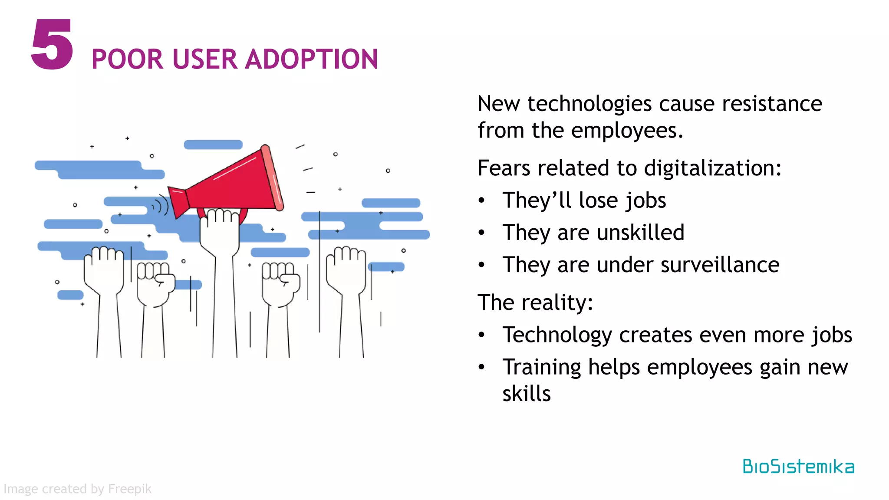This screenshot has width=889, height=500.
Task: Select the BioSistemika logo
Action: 798,467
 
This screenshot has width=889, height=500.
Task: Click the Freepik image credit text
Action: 78,489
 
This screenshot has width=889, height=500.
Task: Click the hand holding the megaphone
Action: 220,230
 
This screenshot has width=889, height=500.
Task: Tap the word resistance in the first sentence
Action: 772,104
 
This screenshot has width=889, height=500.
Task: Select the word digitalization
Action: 712,168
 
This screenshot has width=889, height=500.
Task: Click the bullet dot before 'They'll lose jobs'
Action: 481,201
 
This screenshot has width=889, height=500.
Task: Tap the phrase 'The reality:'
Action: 535,303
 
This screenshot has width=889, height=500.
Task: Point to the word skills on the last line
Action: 526,394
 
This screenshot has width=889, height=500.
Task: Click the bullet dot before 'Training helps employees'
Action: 481,367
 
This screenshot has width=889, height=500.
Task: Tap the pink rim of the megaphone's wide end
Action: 273,178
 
